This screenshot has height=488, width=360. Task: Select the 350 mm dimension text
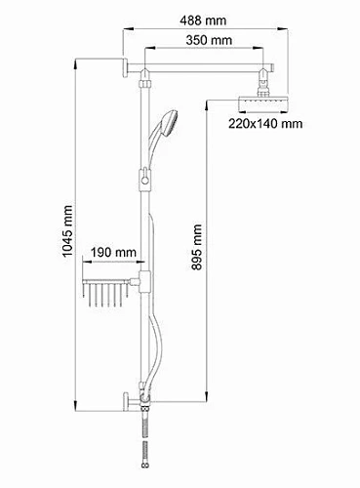tap(208, 40)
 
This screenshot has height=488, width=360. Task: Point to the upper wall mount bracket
tap(130, 67)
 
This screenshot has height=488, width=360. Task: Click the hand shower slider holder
tap(146, 179)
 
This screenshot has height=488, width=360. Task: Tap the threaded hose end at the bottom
tap(146, 459)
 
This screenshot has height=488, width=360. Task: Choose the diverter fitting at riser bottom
tap(146, 402)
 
